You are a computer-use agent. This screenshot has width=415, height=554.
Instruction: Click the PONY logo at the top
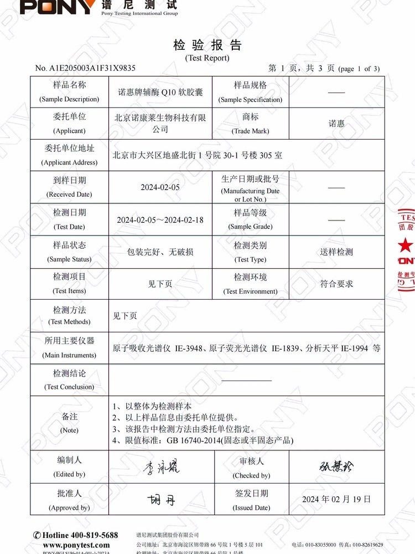pyautogui.click(x=58, y=7)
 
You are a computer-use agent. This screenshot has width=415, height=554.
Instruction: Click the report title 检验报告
pyautogui.click(x=207, y=45)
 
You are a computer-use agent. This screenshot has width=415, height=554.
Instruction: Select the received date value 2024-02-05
pyautogui.click(x=160, y=187)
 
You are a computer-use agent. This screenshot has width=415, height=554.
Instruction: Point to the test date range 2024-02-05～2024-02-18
pyautogui.click(x=160, y=220)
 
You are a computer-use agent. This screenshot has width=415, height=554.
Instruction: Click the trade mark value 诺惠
pyautogui.click(x=336, y=124)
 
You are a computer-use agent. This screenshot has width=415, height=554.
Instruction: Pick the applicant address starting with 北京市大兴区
pyautogui.click(x=197, y=156)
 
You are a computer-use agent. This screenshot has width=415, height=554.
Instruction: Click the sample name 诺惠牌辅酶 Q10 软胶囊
pyautogui.click(x=161, y=92)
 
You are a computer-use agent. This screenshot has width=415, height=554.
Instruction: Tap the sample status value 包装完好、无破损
pyautogui.click(x=160, y=252)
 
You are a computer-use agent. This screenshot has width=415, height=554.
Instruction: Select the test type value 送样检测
pyautogui.click(x=336, y=252)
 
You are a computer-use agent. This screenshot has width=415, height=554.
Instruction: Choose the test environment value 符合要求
pyautogui.click(x=336, y=284)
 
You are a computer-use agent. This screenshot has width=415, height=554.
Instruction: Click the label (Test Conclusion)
pyautogui.click(x=69, y=387)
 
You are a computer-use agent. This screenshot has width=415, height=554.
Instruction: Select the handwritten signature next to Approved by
pyautogui.click(x=161, y=500)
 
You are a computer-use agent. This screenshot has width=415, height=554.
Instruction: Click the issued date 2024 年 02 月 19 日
pyautogui.click(x=336, y=499)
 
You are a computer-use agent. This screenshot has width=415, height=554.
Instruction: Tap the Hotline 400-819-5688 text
pyautogui.click(x=75, y=535)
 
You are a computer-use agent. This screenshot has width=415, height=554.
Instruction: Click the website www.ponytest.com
pyautogui.click(x=76, y=545)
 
